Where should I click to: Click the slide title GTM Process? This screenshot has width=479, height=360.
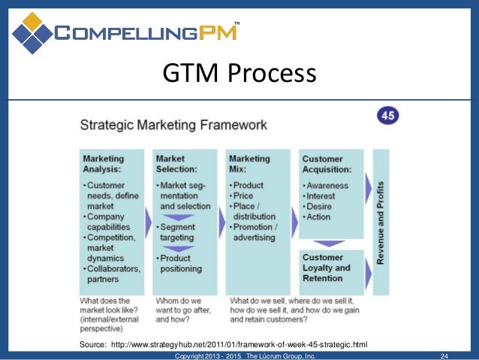point(239,74)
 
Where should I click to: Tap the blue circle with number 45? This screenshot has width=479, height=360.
point(387,116)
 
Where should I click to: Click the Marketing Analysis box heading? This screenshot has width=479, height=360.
point(104,164)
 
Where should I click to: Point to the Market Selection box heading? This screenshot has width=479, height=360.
point(176,164)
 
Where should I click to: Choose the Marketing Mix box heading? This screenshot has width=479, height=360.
point(249,164)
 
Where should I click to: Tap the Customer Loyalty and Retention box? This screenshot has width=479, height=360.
point(330,267)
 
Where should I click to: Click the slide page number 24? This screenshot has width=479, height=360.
point(444,355)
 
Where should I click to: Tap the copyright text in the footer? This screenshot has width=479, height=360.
point(245,355)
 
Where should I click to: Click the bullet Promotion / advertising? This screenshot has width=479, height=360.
point(256,232)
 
